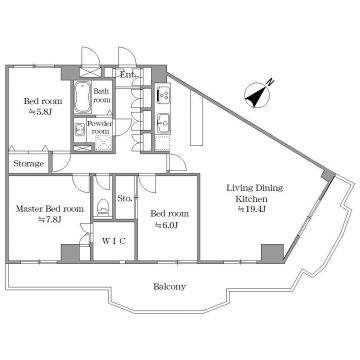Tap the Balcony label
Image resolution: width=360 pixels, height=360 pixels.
click(x=170, y=286)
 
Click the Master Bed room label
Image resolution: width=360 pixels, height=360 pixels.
click(x=50, y=209)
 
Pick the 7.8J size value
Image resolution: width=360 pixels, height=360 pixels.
click(x=50, y=219)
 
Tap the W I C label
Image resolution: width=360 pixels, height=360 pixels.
click(x=114, y=241)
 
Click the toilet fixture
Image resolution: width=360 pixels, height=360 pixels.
click(x=103, y=207)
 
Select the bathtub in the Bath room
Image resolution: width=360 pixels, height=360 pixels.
click(x=82, y=96)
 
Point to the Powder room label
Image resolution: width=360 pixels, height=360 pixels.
click(x=100, y=127)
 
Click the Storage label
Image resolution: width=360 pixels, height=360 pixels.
click(x=29, y=164)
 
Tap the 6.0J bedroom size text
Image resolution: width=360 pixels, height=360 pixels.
click(x=167, y=225)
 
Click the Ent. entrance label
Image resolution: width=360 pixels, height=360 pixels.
click(x=127, y=74)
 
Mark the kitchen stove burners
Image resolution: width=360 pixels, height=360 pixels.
click(x=163, y=94)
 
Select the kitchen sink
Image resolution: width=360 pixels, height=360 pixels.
click(x=163, y=121)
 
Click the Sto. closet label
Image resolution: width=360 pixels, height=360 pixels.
click(x=124, y=198)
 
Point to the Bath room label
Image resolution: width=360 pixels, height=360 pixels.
click(x=101, y=95)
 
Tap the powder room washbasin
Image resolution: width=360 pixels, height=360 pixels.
click(x=80, y=128)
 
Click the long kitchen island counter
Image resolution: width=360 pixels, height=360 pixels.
click(x=196, y=118)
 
